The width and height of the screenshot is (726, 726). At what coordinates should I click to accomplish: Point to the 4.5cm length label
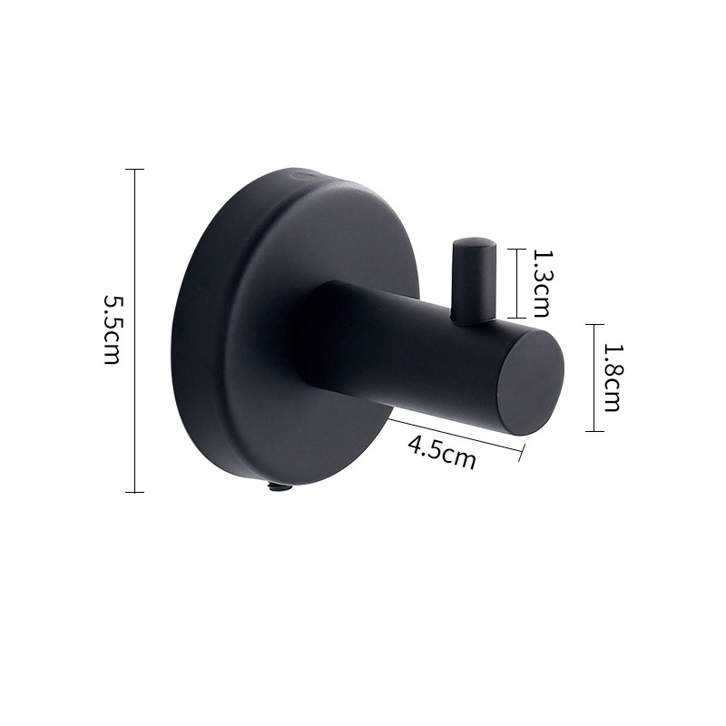point(442,452)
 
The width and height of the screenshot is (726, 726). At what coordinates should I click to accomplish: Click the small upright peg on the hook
point(472,280)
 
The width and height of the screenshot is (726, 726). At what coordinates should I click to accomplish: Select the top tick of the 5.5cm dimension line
point(134,169)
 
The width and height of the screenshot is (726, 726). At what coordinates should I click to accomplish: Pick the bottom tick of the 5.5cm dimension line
point(134,492)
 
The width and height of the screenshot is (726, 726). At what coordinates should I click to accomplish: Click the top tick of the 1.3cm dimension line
point(516,249)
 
